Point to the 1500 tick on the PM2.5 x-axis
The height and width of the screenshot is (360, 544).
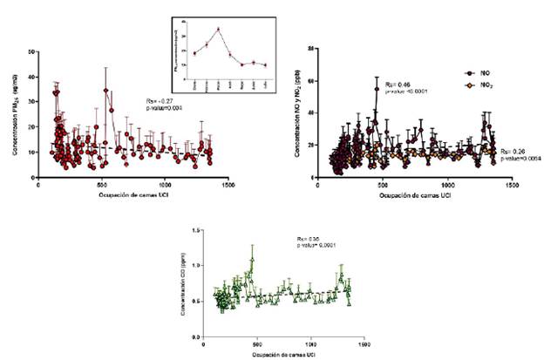click(x=228, y=186)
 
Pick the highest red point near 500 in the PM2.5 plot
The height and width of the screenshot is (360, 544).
click(x=105, y=90)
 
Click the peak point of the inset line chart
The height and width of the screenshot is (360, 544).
click(x=218, y=29)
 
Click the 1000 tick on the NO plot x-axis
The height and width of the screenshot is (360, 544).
click(x=448, y=186)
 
